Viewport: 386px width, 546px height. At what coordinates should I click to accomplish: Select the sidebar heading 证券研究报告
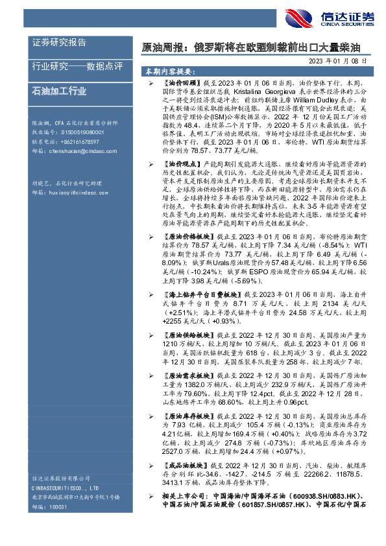(59, 43)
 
